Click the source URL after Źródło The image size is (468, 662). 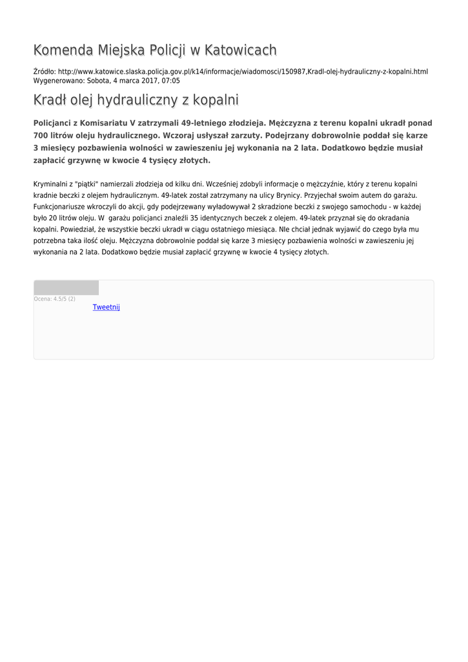243,72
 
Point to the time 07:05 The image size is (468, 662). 171,81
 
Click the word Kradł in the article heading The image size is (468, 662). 50,100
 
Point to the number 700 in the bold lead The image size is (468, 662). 41,136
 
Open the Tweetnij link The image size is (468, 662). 107,307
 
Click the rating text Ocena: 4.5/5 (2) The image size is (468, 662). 54,299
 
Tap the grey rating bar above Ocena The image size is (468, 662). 66,288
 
